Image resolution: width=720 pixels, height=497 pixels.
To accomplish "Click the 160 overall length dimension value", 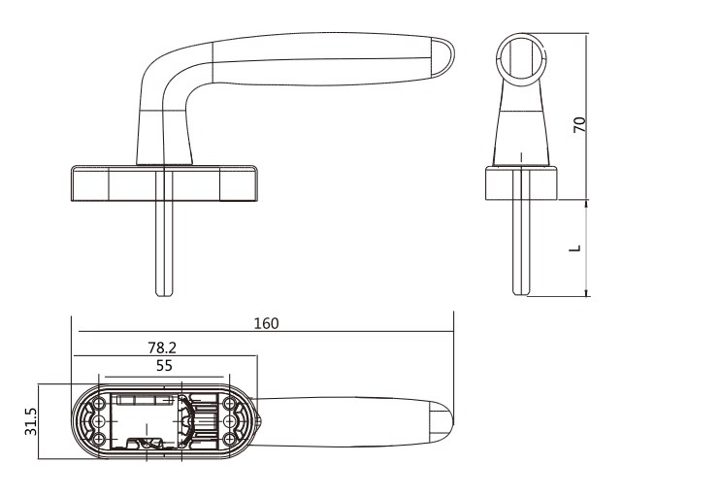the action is (266, 323).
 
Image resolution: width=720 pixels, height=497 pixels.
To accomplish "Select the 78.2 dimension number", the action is (162, 348).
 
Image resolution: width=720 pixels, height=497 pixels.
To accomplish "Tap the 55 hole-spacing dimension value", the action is (164, 366).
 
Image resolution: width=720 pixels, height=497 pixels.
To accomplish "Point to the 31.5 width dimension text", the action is (31, 421).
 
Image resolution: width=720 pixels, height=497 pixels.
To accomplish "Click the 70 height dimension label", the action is (579, 125).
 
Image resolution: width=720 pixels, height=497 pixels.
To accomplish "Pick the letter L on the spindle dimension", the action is (574, 248).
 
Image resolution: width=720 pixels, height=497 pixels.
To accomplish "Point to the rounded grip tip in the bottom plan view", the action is (442, 421).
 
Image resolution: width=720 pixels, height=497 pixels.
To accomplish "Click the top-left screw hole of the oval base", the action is (99, 404).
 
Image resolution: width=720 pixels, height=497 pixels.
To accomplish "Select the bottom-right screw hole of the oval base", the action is (229, 439).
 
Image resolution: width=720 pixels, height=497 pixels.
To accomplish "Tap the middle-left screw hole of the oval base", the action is (99, 421).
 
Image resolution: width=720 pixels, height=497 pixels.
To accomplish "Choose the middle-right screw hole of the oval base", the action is (229, 421).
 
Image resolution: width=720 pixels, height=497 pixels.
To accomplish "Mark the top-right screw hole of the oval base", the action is (229, 404).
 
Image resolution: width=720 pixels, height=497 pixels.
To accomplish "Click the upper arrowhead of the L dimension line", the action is (586, 204).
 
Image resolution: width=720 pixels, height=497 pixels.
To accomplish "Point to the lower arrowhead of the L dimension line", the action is (586, 292).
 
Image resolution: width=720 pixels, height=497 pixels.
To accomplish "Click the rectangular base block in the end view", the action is (521, 183).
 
